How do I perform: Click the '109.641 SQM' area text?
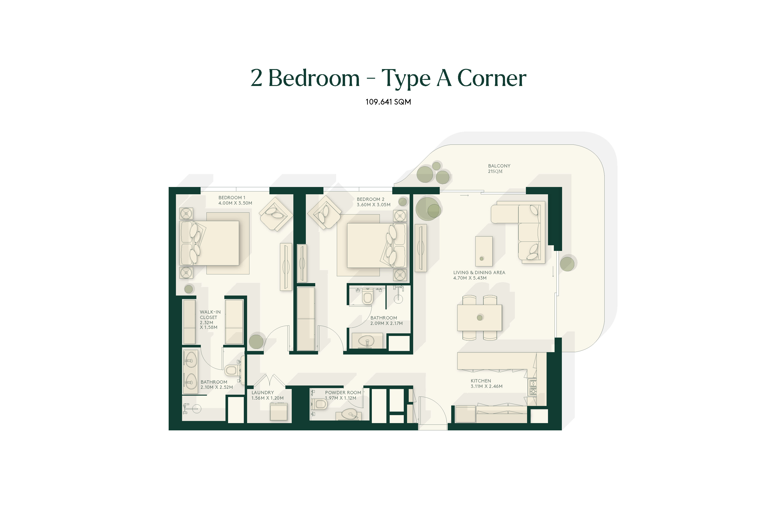coord(388,102)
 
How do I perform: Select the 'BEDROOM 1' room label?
coord(232,198)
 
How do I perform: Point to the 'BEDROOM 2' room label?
coord(370,199)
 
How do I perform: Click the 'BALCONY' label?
coord(499,166)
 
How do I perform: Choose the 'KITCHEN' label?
coord(481,381)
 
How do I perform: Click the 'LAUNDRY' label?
coord(263,393)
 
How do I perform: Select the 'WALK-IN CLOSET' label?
coord(210,315)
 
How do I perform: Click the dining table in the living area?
coord(479,318)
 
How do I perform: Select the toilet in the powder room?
coord(319,404)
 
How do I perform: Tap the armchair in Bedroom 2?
coord(325,212)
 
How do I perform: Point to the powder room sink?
coord(349,414)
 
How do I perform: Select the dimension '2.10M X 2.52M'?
coord(217,387)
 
